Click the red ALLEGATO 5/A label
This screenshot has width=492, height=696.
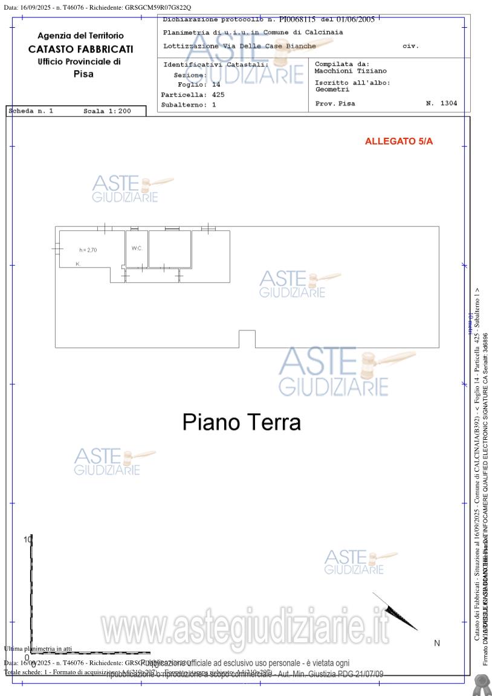[399, 141]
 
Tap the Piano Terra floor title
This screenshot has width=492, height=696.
[241, 422]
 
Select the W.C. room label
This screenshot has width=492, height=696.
[137, 248]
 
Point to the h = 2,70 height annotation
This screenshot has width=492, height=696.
[88, 250]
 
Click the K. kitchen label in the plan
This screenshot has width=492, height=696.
[78, 264]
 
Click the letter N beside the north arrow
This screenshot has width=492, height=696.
[437, 643]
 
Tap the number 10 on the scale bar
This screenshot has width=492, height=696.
[27, 539]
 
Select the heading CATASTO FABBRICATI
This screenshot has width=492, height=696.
[80, 49]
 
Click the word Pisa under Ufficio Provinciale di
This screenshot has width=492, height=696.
[83, 74]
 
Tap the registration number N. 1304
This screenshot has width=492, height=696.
[441, 103]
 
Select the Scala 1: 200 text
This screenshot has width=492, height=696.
[107, 111]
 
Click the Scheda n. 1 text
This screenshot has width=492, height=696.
[31, 111]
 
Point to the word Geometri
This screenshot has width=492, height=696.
[332, 89]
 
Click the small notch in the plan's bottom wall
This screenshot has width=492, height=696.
[247, 339]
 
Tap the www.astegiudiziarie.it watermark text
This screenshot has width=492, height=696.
[245, 629]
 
